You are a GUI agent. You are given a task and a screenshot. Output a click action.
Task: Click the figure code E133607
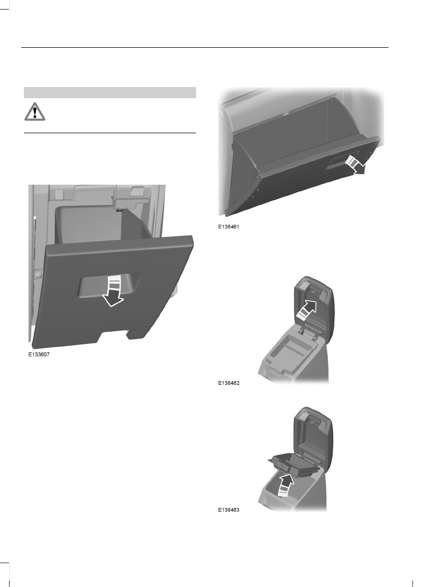click(41, 357)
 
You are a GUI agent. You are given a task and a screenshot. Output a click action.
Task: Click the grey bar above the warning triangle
click(110, 93)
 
